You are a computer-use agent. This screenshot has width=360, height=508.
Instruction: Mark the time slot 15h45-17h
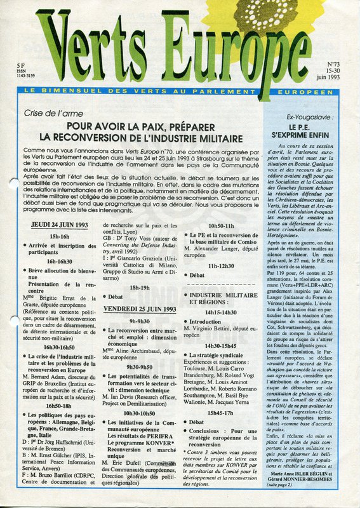[x=221, y=412]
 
